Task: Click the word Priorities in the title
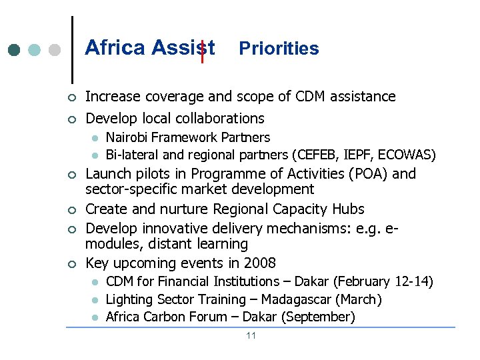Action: pos(279,49)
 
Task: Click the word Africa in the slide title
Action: pos(115,48)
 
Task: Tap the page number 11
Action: pos(251,335)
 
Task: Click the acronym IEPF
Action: pos(361,155)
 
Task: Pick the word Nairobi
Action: pos(127,138)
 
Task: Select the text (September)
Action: pos(317,317)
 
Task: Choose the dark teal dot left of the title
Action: pos(15,50)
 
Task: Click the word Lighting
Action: pos(128,299)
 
